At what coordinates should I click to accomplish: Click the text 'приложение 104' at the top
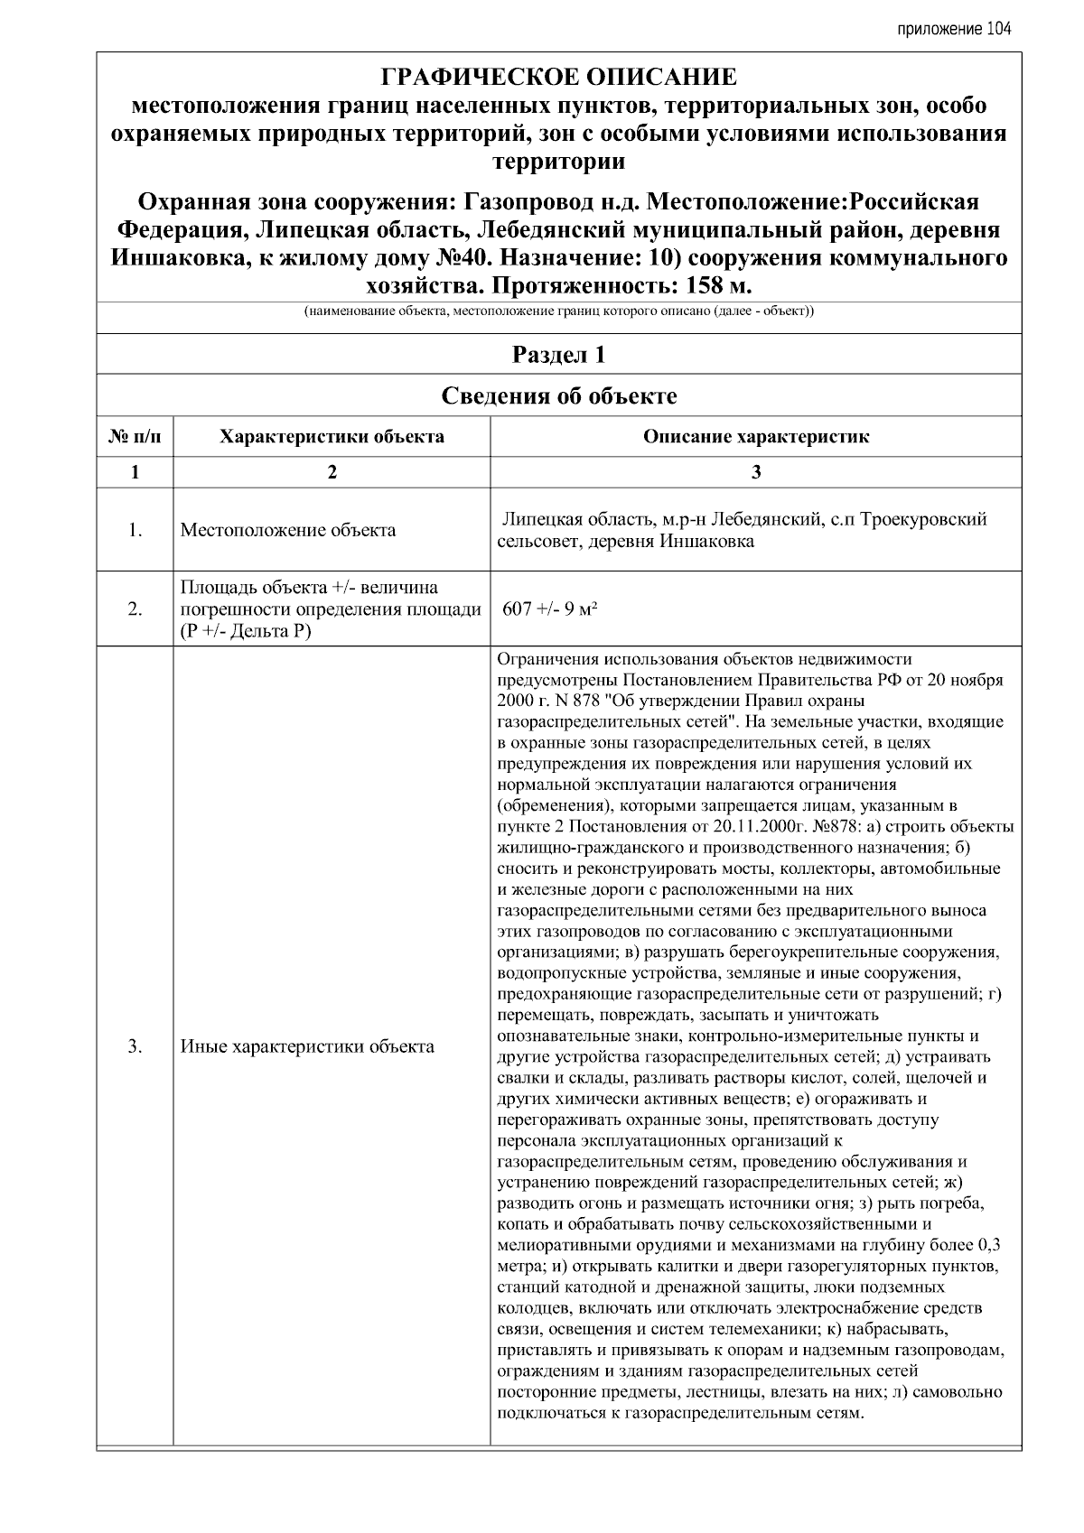[954, 29]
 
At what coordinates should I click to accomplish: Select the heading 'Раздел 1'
[558, 355]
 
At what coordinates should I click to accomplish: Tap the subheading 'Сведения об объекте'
[558, 395]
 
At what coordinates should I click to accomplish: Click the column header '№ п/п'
[135, 437]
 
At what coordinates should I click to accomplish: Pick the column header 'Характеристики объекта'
[332, 437]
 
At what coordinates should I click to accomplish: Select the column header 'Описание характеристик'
[756, 437]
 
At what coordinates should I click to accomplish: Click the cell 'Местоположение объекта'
[288, 530]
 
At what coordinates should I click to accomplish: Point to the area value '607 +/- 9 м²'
[551, 609]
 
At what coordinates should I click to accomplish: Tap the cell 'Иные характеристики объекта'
[307, 1047]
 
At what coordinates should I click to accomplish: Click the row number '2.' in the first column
[135, 609]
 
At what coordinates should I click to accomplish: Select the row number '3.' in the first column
[135, 1047]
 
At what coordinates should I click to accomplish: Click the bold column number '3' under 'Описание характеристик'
[756, 471]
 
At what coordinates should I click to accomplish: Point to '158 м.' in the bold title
[712, 286]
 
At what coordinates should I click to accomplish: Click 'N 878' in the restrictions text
[560, 701]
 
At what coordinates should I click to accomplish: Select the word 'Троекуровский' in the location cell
[924, 520]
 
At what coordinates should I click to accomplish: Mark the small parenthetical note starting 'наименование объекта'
[558, 313]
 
